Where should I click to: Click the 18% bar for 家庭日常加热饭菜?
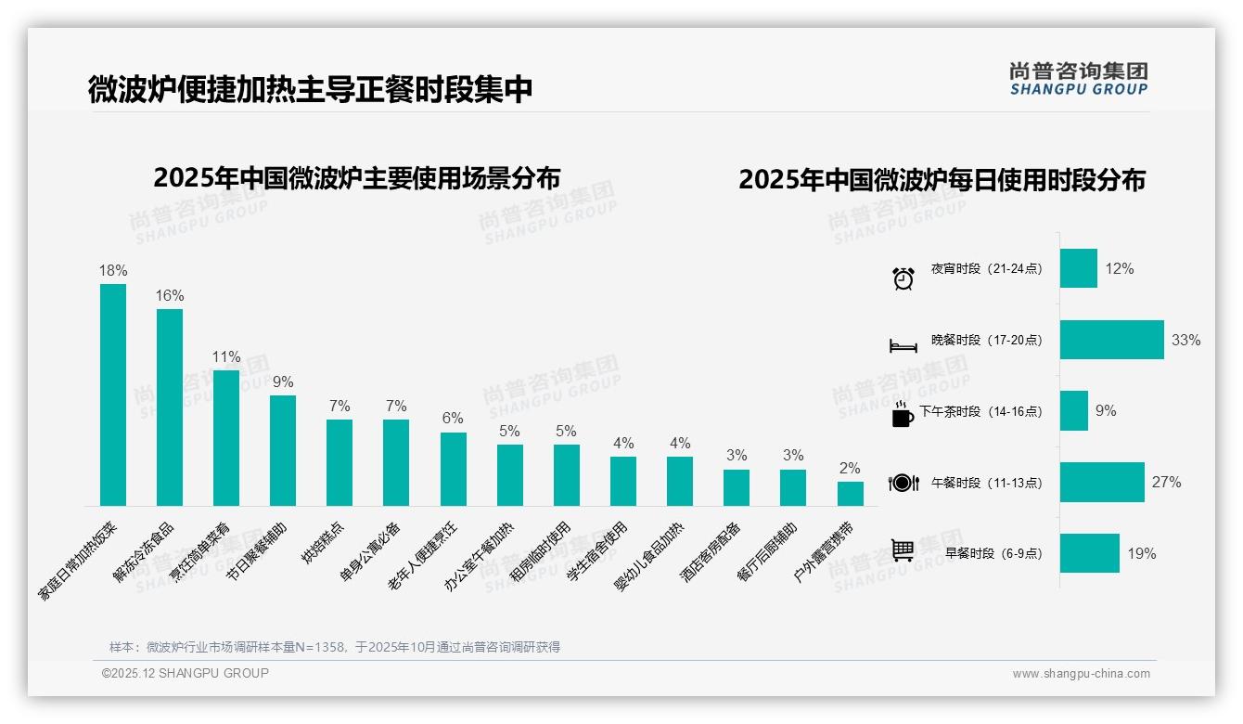(x=113, y=394)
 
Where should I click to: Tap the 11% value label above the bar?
(x=226, y=356)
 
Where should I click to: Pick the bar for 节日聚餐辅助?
(x=283, y=450)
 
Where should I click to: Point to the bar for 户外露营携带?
(x=850, y=493)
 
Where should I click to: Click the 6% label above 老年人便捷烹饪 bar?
(x=453, y=419)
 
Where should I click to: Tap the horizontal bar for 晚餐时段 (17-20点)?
(x=1111, y=340)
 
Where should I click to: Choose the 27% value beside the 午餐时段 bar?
(x=1167, y=482)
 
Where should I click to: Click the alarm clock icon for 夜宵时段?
(x=903, y=278)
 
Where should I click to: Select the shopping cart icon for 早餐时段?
(x=903, y=550)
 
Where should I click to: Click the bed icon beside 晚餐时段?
(x=903, y=345)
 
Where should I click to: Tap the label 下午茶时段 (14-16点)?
(x=980, y=411)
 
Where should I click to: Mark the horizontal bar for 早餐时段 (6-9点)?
(x=1089, y=553)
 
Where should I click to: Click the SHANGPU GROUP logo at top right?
(x=1078, y=79)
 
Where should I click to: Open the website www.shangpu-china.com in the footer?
(x=1081, y=674)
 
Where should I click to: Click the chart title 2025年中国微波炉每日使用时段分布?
(x=942, y=179)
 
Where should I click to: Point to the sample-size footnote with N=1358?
(x=334, y=647)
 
